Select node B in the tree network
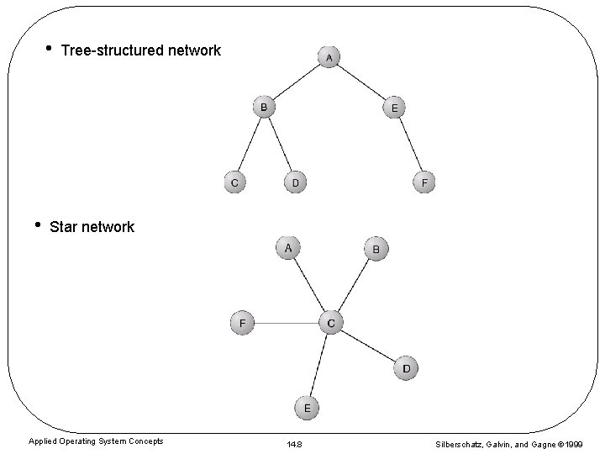[264, 108]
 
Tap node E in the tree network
[394, 108]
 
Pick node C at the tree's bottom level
[234, 182]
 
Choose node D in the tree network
[295, 182]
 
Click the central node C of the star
[331, 322]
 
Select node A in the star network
[288, 248]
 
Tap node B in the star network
[376, 249]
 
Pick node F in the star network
[242, 322]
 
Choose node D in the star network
[406, 368]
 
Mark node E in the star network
[307, 408]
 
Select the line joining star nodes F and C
[286, 322]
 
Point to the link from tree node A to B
[297, 82]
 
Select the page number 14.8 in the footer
[295, 443]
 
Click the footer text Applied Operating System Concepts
[96, 441]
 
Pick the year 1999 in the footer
[575, 443]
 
